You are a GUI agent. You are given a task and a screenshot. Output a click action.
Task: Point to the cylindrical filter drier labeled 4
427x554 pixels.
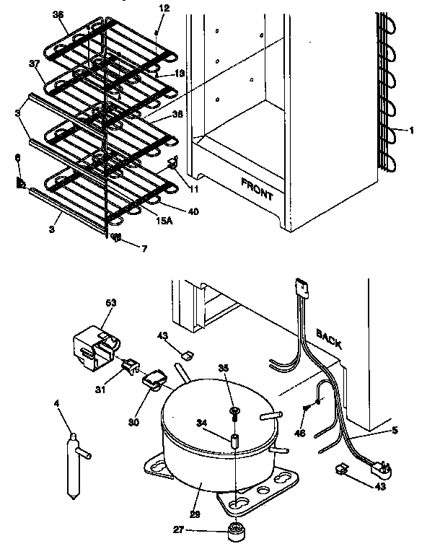pyautogui.click(x=72, y=465)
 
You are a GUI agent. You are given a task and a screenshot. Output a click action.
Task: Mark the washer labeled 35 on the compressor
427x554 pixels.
pyautogui.click(x=234, y=411)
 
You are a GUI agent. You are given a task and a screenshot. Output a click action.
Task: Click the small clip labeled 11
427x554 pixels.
pyautogui.click(x=173, y=165)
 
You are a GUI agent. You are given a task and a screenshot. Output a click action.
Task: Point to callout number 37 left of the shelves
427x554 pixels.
pyautogui.click(x=34, y=63)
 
